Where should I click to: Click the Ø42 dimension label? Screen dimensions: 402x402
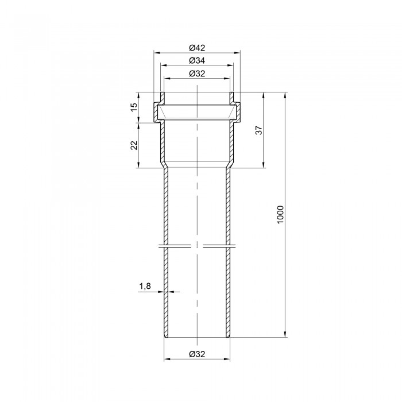197,48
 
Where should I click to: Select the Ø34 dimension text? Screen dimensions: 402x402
197,60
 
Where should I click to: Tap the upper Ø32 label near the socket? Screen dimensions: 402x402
197,74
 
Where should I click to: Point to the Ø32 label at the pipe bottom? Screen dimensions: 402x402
197,354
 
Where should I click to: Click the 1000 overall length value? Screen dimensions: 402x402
280,214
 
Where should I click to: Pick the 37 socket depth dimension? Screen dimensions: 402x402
260,130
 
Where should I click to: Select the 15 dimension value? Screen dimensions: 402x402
134,107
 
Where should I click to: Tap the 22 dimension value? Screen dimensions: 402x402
134,145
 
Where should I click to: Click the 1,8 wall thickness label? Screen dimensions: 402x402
145,286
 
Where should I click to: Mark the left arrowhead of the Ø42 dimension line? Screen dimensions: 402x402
157,53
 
